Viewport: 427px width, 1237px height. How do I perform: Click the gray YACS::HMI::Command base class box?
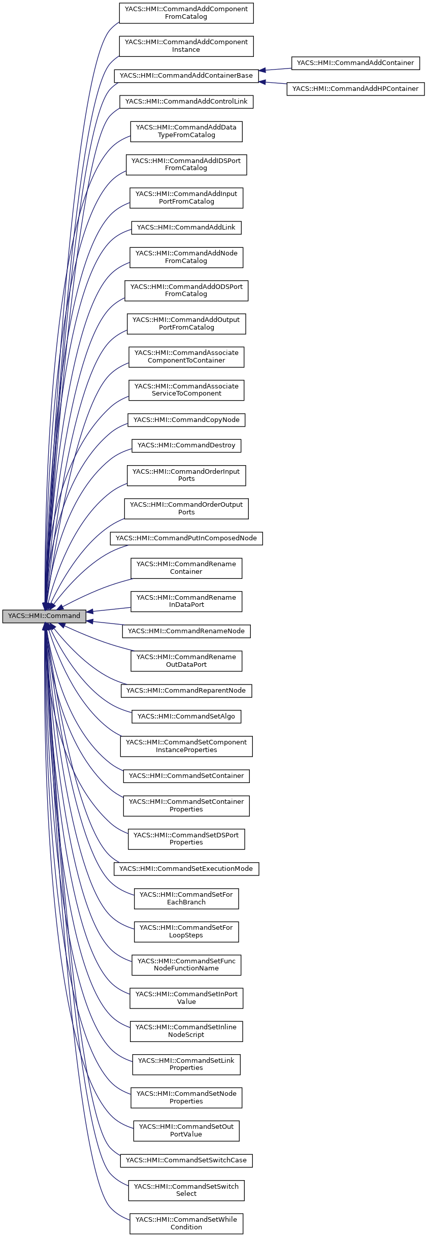coord(44,616)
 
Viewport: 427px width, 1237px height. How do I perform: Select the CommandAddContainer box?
coord(355,63)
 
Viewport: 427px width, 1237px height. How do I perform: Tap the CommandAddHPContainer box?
coord(355,89)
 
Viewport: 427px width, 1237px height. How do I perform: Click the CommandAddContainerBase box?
coord(186,76)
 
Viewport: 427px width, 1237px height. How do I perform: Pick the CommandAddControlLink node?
coord(186,102)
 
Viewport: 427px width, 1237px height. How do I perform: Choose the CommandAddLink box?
coord(186,227)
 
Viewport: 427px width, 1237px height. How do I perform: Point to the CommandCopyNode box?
coord(186,420)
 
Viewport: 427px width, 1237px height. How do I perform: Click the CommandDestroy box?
coord(186,445)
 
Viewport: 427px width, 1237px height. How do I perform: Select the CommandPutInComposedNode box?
coord(186,538)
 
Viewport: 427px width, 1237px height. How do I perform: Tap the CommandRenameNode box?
coord(186,631)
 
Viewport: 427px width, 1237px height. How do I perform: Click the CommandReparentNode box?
coord(186,691)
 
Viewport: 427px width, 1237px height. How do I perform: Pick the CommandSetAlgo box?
coord(186,717)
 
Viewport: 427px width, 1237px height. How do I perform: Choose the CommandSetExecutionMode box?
coord(186,869)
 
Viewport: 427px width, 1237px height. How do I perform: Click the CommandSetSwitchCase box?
coord(186,1160)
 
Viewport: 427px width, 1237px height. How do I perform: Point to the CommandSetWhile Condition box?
coord(186,1223)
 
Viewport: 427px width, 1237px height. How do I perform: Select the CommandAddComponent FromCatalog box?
coord(186,13)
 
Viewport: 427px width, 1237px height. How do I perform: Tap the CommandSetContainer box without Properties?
coord(186,776)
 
